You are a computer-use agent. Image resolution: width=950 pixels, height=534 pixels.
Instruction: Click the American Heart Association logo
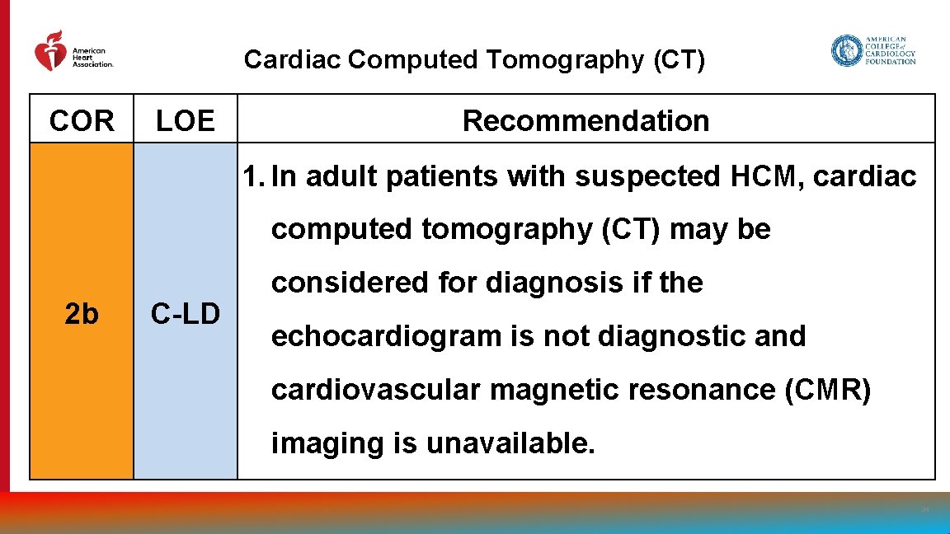pos(73,52)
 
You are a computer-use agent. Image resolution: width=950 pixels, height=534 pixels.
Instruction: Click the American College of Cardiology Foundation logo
pos(873,51)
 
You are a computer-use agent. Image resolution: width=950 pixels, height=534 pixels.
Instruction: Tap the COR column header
pos(82,121)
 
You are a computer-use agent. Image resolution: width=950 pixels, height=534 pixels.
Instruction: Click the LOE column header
pos(186,121)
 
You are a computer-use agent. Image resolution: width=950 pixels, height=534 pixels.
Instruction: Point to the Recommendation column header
pos(586,121)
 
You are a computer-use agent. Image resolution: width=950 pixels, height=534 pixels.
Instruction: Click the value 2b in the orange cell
pos(82,314)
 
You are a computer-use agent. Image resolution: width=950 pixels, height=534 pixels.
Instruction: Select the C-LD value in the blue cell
pos(186,314)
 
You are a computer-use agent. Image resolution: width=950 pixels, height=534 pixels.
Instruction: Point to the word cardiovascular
pos(375,390)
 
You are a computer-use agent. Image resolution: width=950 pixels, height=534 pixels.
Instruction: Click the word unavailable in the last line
pos(510,443)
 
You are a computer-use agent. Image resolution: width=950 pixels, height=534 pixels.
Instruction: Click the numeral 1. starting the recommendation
pos(253,176)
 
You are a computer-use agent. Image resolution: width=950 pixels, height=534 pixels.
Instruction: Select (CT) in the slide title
pos(678,60)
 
